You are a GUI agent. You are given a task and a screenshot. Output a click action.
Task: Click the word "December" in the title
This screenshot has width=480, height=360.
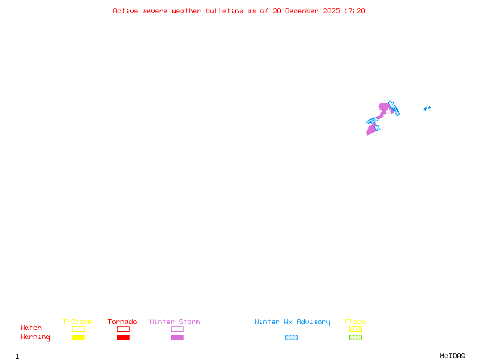click(x=303, y=11)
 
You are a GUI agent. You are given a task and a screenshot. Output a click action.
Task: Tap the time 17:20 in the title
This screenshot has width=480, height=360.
click(x=355, y=11)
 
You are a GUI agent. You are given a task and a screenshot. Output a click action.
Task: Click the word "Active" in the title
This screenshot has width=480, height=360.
click(x=126, y=11)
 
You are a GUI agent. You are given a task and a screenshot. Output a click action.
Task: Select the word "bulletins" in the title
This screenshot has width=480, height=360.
click(x=224, y=11)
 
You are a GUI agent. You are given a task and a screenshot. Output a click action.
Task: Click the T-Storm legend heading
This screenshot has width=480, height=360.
click(x=77, y=322)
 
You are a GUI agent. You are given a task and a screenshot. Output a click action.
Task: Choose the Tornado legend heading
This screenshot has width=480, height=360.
click(x=122, y=322)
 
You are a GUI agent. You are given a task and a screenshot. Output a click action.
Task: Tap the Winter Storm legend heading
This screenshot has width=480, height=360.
click(x=175, y=322)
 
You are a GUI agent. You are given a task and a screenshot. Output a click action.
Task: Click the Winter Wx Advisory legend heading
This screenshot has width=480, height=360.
click(x=292, y=322)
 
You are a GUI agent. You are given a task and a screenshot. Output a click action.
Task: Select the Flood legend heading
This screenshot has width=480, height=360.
click(x=355, y=322)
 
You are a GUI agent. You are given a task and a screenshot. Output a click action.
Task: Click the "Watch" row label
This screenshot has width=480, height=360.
click(x=31, y=328)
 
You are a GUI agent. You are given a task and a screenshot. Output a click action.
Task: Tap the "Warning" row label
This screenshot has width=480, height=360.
click(x=35, y=337)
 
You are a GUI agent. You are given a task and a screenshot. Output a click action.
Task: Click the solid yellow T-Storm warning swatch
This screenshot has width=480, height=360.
click(x=78, y=338)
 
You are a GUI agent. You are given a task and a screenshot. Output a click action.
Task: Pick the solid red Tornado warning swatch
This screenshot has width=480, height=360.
click(x=123, y=338)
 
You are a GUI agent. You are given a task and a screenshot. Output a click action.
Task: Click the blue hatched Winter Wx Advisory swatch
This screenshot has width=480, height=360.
click(x=291, y=338)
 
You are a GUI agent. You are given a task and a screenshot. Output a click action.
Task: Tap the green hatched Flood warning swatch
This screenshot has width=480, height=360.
click(x=355, y=338)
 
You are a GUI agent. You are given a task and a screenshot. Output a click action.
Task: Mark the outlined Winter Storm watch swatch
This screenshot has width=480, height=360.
click(x=177, y=329)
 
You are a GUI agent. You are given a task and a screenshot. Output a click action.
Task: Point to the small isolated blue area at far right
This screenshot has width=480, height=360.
click(x=427, y=109)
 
